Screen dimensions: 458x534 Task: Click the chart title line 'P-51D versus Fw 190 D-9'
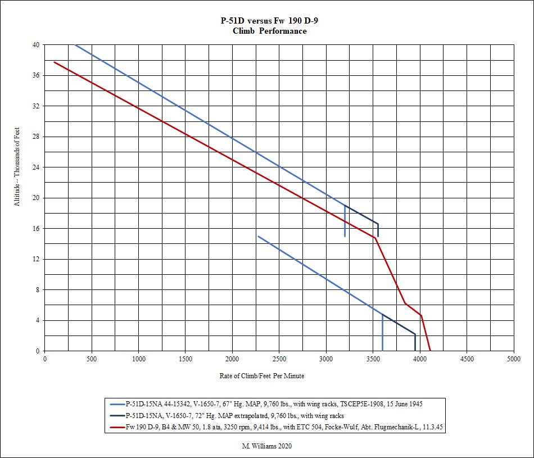pos(270,21)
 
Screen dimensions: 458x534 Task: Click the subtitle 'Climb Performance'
pos(270,31)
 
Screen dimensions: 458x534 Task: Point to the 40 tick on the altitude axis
pos(37,45)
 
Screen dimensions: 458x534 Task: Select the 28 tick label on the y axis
pos(37,137)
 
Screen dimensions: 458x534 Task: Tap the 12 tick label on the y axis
pos(37,259)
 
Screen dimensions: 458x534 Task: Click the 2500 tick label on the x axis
pos(279,359)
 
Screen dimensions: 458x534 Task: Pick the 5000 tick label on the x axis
pos(513,359)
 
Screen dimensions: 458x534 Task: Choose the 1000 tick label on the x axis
pos(139,359)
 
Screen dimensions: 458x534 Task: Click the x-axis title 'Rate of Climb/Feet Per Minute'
pos(262,376)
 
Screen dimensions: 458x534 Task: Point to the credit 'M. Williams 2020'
pos(262,446)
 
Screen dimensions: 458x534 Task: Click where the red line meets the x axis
pos(430,351)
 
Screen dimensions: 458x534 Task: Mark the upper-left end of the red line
pos(54,62)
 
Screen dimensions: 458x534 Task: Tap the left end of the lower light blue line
pos(258,236)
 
